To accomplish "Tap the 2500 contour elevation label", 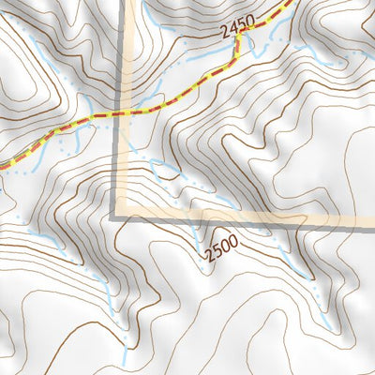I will pyautogui.click(x=221, y=248).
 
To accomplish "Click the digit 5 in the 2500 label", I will pyautogui.click(x=217, y=250).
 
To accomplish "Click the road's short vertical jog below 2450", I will pyautogui.click(x=240, y=44).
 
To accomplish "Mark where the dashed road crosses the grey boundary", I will pyautogui.click(x=121, y=113).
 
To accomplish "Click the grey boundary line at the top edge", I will pyautogui.click(x=122, y=3).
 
